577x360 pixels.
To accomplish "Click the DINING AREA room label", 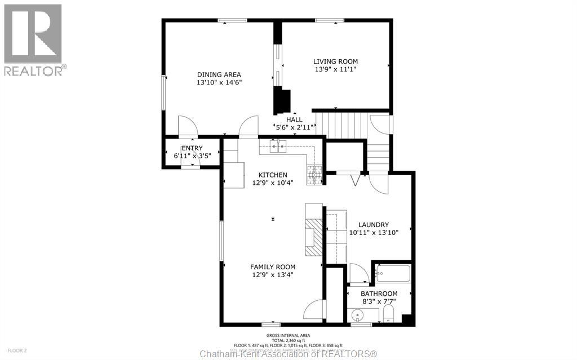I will (x=219, y=74).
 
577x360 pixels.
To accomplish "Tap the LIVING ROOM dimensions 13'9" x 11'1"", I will (x=335, y=69).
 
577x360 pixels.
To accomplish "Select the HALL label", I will (x=294, y=119).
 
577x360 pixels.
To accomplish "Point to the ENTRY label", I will (x=192, y=148).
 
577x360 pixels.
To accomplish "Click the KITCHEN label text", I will (x=273, y=175).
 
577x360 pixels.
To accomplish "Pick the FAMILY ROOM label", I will (x=273, y=267).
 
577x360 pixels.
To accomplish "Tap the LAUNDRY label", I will (x=374, y=225).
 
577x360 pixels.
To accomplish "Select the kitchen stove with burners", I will (x=314, y=175).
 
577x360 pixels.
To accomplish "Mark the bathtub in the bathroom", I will (x=393, y=274).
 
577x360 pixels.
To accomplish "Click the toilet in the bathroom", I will (x=389, y=314).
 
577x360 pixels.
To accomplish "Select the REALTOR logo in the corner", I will (x=33, y=39).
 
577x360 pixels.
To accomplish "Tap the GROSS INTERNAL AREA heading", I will (x=287, y=336).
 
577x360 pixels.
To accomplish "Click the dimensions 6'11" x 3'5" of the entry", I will (x=192, y=155).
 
